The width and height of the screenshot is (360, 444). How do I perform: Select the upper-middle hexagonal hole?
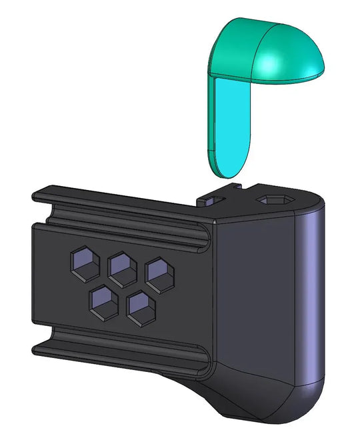[122, 267]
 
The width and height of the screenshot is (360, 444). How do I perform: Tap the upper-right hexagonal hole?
[159, 274]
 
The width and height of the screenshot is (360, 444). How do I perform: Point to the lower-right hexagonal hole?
[141, 308]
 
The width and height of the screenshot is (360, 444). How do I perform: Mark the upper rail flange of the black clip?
[120, 207]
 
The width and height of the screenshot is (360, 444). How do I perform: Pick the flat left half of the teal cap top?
[237, 47]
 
